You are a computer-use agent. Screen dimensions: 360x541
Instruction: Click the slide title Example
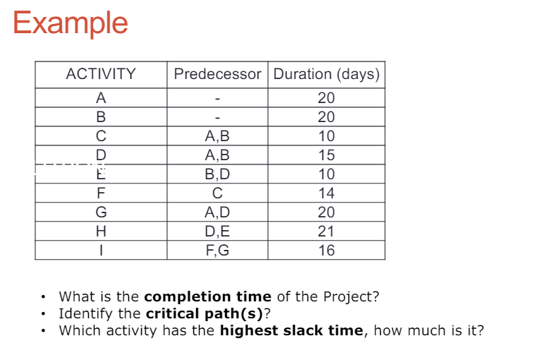coord(70,23)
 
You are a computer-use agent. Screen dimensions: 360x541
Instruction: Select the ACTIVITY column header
coord(101,74)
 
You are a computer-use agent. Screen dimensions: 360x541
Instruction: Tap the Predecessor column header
coord(217,74)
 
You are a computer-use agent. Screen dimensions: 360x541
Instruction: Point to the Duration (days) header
coord(326,74)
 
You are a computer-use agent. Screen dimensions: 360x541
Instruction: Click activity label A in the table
coord(101,98)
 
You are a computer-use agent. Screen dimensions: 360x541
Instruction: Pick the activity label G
coord(101,212)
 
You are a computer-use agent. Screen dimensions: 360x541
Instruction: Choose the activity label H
coord(101,232)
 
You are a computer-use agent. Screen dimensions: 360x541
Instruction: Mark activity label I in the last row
coord(101,251)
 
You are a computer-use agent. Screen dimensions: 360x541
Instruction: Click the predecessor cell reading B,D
coord(217,174)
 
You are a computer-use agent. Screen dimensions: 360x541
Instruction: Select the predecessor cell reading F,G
coord(217,251)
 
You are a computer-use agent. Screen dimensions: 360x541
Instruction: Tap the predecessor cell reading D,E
coord(217,232)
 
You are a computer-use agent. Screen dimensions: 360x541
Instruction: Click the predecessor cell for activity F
coord(217,193)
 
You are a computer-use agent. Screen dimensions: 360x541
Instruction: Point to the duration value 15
coord(326,155)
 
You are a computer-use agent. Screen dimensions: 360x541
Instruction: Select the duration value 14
coord(326,193)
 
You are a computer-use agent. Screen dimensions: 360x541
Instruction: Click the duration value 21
coord(326,232)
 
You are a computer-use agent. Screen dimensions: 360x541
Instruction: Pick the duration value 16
coord(326,251)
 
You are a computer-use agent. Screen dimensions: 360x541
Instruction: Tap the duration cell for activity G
coord(326,212)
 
